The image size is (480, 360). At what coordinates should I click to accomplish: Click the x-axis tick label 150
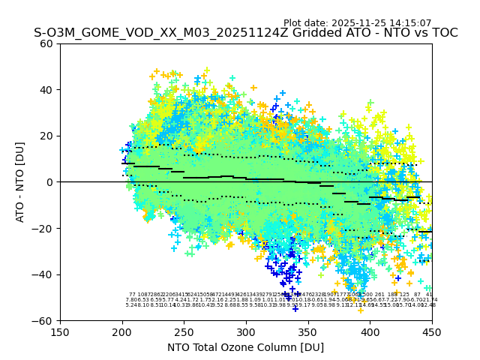point(60,331)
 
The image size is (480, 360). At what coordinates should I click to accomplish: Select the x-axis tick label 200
point(122,331)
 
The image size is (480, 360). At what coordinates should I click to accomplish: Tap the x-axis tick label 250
point(184,331)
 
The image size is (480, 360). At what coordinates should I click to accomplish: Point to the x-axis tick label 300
point(246,331)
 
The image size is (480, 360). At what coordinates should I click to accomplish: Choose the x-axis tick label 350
point(308,331)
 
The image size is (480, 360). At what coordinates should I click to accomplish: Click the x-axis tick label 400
point(370,331)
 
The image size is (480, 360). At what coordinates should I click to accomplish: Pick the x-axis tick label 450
point(432,331)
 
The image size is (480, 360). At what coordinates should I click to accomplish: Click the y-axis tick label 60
point(46,43)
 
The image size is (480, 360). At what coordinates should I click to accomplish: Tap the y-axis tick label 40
point(46,90)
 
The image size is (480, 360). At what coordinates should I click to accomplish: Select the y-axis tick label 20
point(46,136)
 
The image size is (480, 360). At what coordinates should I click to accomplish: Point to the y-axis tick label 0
point(49,182)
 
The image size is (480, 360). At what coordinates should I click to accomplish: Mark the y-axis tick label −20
point(43,228)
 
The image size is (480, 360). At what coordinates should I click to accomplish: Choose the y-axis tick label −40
point(43,274)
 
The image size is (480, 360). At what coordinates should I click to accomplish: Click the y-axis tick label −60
point(43,321)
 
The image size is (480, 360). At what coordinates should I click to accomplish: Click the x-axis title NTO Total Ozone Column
point(245,347)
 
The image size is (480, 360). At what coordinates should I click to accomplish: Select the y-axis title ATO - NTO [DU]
point(20,182)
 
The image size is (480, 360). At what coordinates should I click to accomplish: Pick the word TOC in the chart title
point(443,34)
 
